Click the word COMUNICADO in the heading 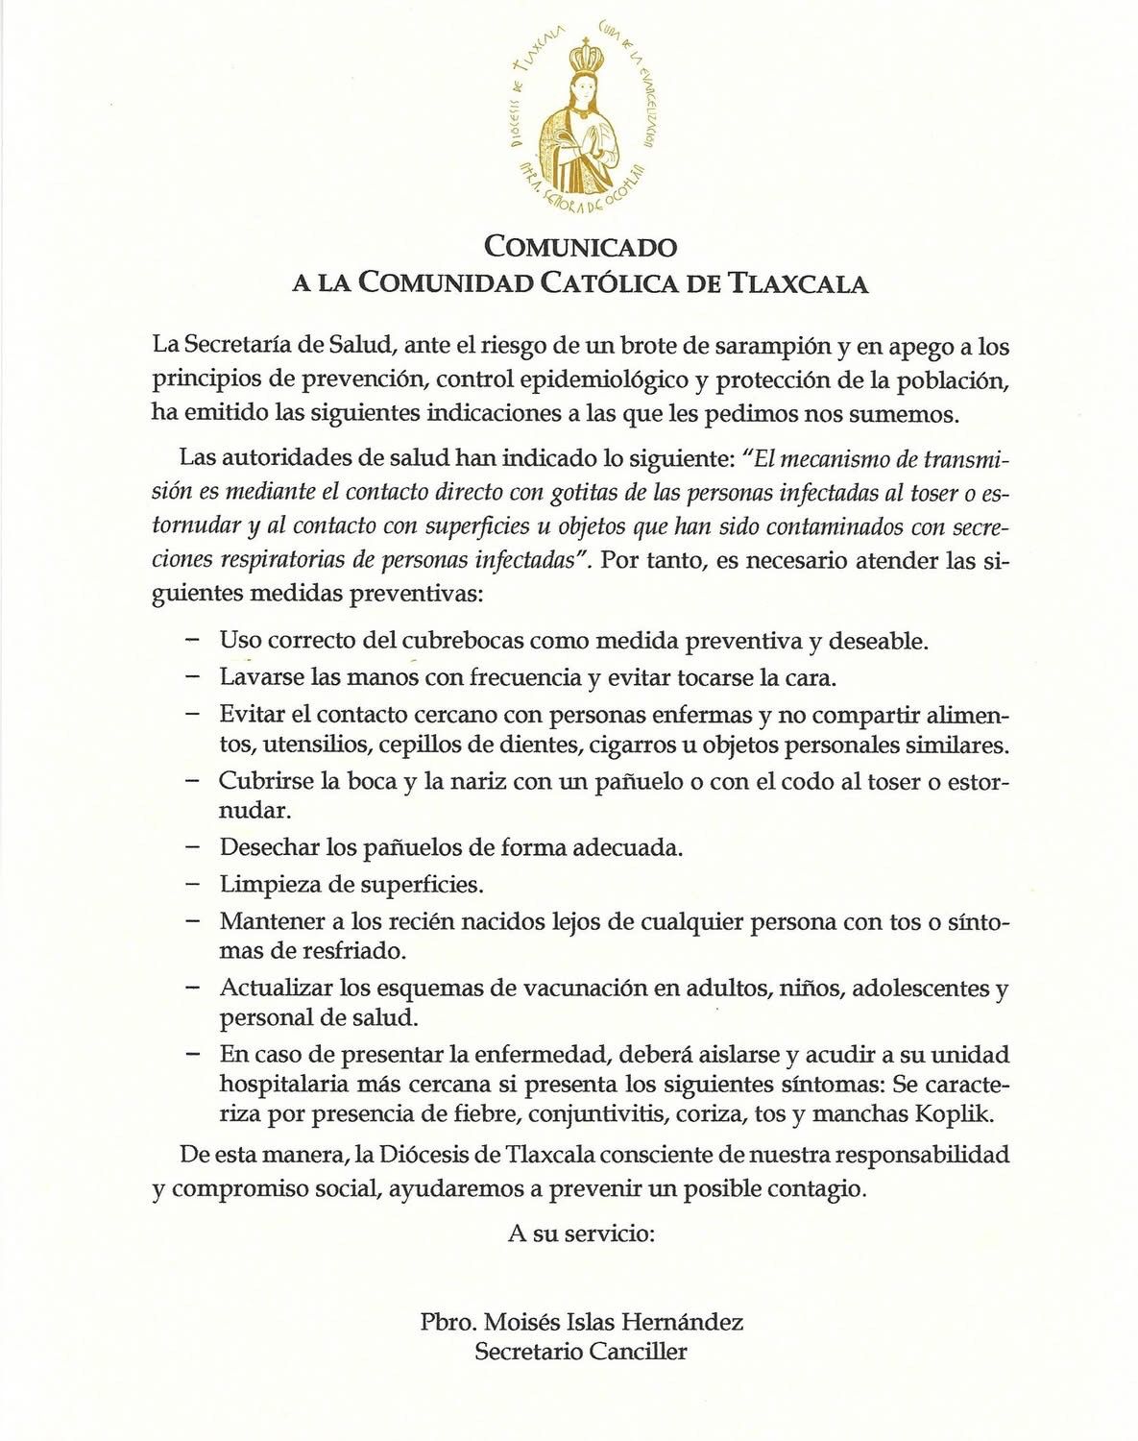pyautogui.click(x=581, y=247)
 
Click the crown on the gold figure pyautogui.click(x=582, y=60)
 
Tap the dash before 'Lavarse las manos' pyautogui.click(x=193, y=676)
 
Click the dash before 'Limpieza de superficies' pyautogui.click(x=193, y=883)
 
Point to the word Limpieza pyautogui.click(x=264, y=883)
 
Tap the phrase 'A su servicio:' pyautogui.click(x=581, y=1233)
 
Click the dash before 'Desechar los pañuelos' pyautogui.click(x=193, y=847)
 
